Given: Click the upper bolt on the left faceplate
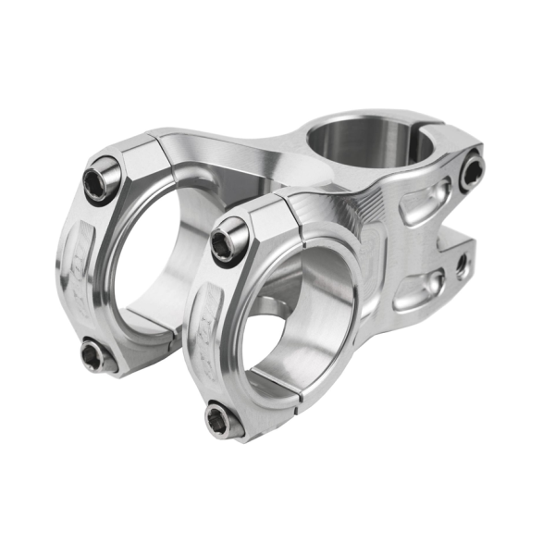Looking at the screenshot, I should (x=101, y=180).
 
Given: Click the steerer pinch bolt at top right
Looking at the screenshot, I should (x=471, y=170).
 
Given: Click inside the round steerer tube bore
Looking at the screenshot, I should (x=365, y=148).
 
